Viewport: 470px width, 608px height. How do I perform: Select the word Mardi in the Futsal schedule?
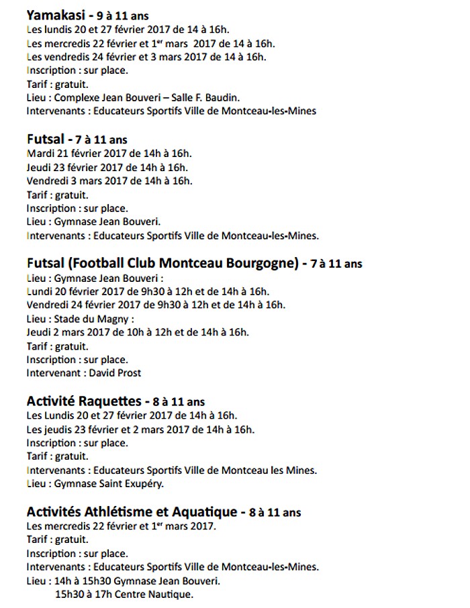(x=41, y=153)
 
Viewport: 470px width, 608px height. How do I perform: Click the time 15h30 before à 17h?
(x=69, y=595)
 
